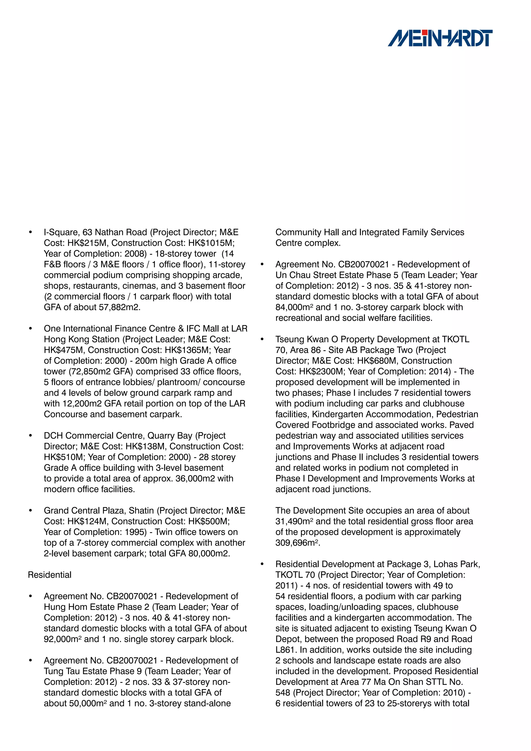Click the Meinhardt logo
pos(440,38)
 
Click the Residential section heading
pos(49,575)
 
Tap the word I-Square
pos(61,232)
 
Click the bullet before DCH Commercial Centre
pos(30,436)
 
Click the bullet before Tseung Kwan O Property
pos(262,339)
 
